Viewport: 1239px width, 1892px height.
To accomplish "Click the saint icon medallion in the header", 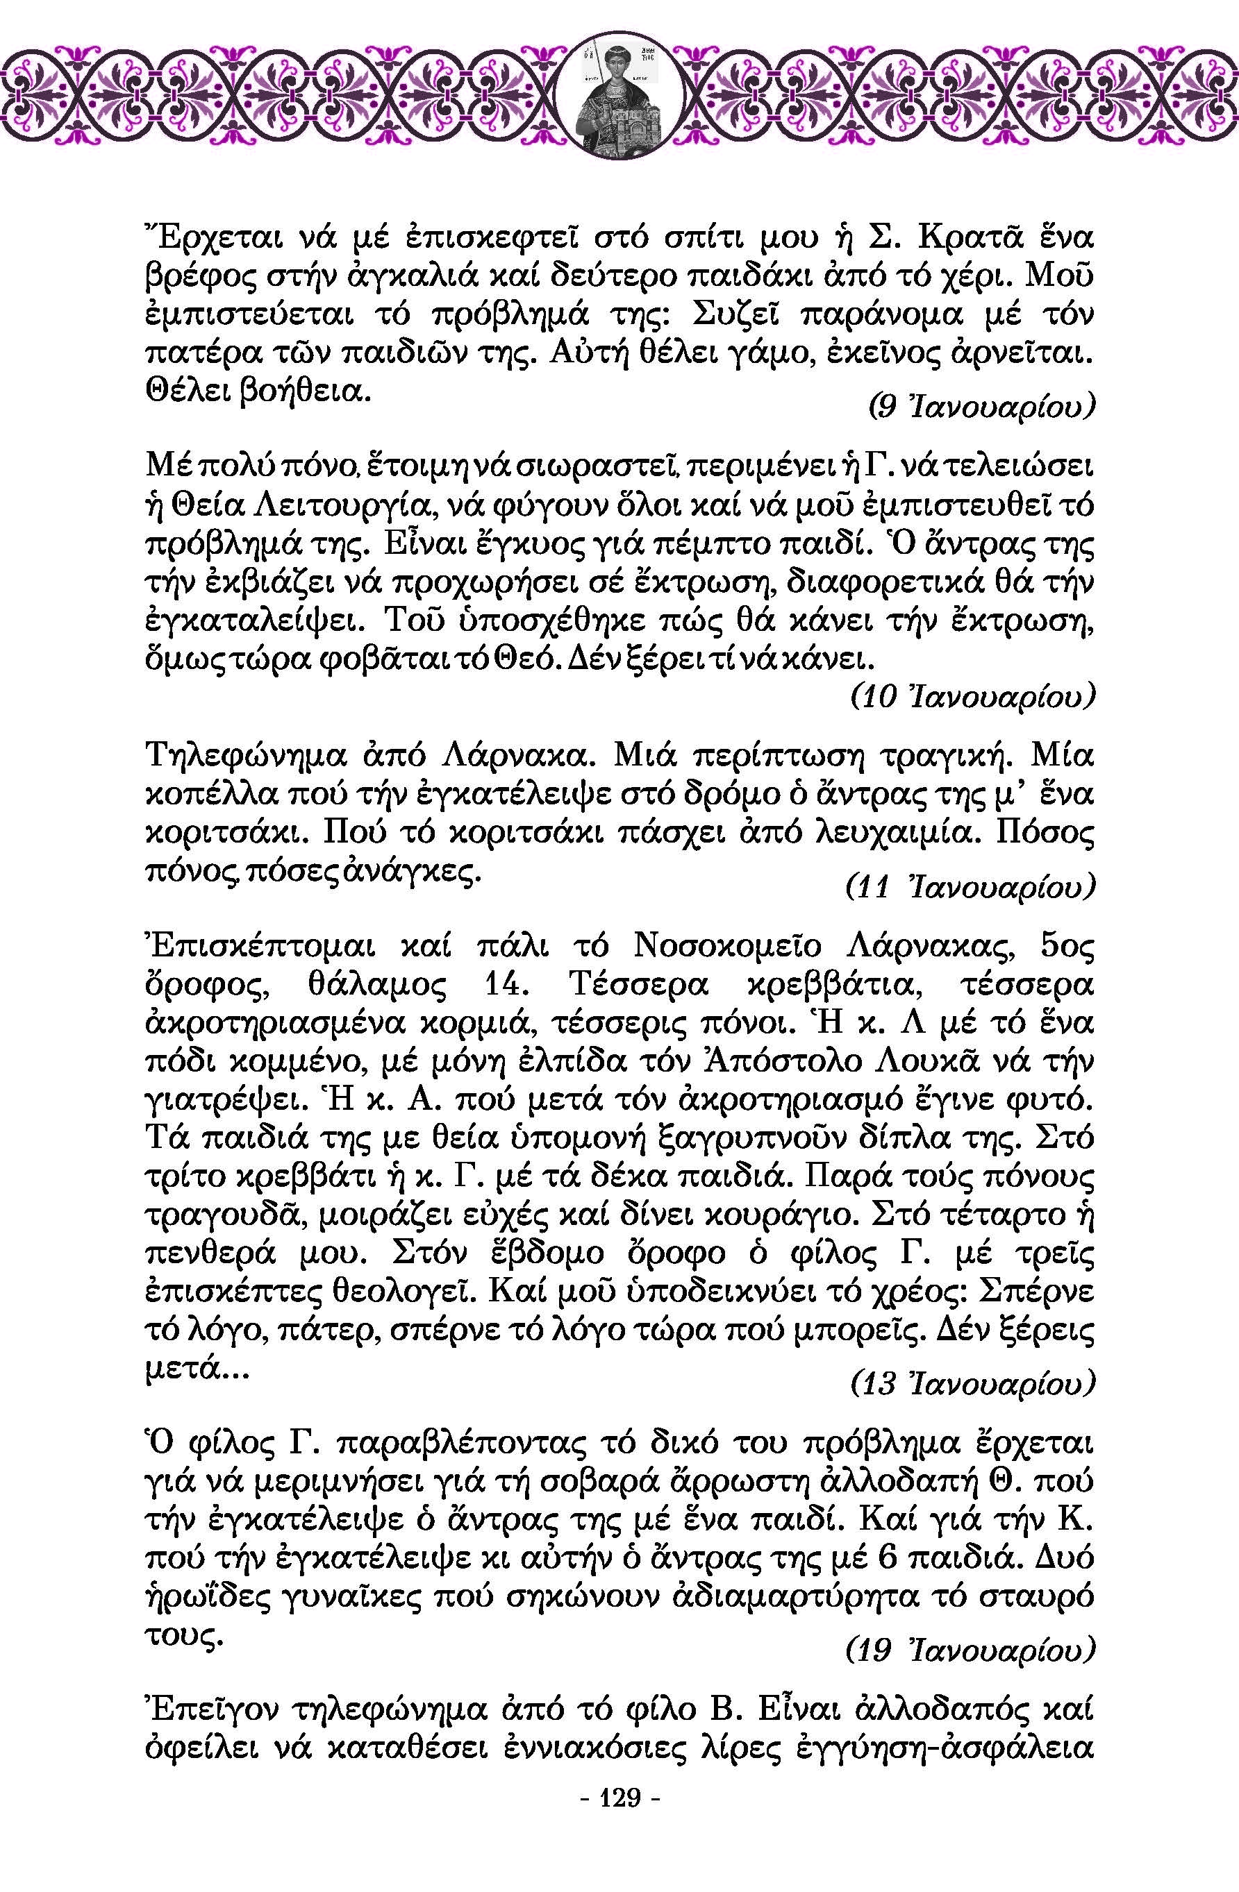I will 619,95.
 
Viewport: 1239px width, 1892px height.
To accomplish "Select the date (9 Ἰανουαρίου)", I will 980,407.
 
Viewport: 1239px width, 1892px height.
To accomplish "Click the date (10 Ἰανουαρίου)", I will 971,697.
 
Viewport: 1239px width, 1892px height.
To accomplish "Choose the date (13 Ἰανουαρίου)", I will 972,1384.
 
